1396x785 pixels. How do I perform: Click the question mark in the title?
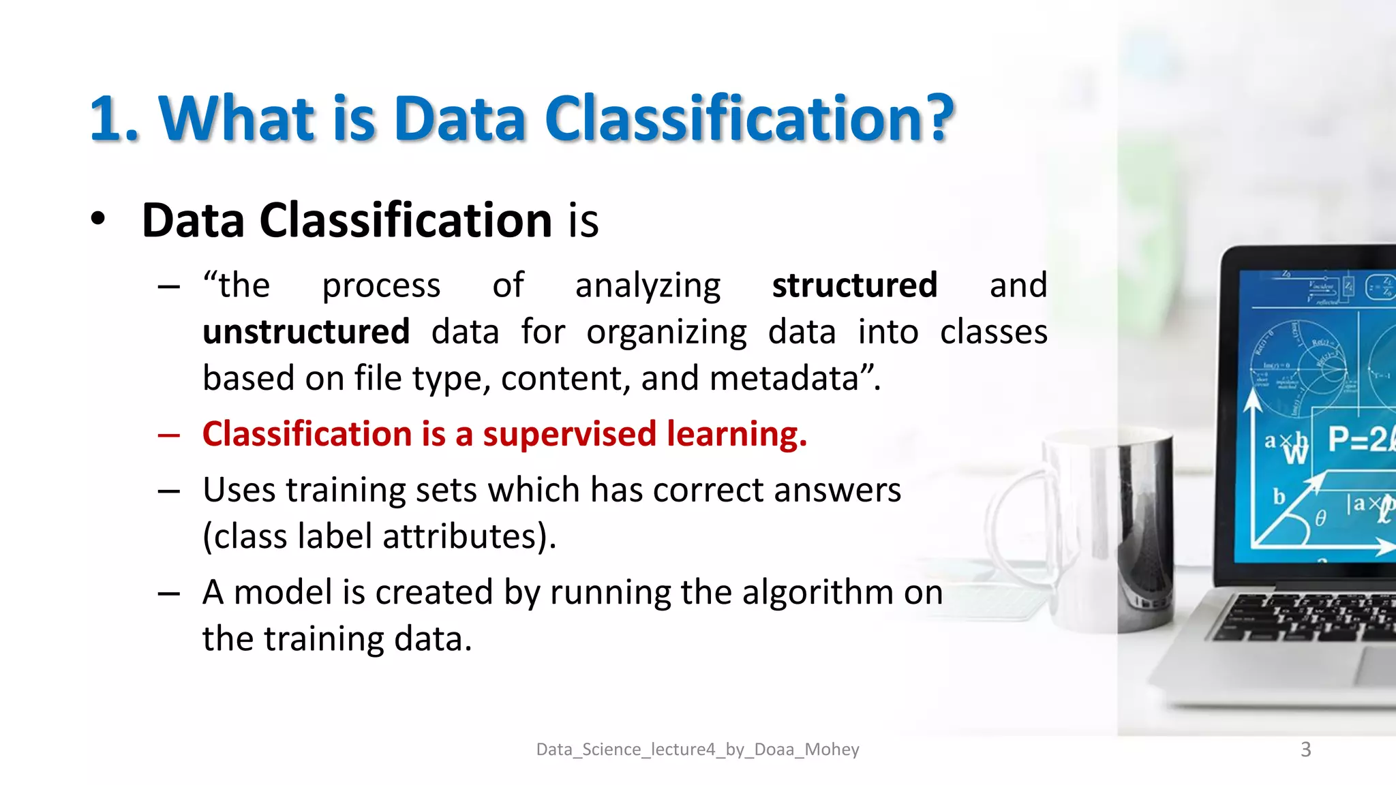(933, 118)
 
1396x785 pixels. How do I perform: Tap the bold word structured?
(854, 285)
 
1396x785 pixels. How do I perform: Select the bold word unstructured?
(306, 332)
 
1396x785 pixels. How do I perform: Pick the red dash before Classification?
(168, 435)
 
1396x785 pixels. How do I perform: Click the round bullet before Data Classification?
(98, 219)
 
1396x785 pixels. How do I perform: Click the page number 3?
(1305, 750)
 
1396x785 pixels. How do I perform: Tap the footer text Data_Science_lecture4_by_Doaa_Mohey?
(697, 750)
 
